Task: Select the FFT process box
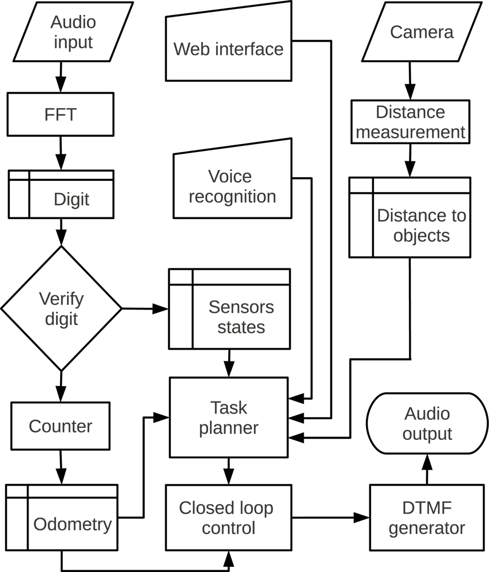60,114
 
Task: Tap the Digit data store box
61,194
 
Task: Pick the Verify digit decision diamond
61,309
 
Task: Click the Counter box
60,426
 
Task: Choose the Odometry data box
62,518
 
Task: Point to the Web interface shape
229,48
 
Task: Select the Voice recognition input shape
232,186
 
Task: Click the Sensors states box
229,309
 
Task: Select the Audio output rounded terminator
427,423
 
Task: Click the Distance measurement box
410,122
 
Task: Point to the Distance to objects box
410,217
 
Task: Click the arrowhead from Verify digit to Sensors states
162,309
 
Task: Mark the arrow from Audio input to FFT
60,76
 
